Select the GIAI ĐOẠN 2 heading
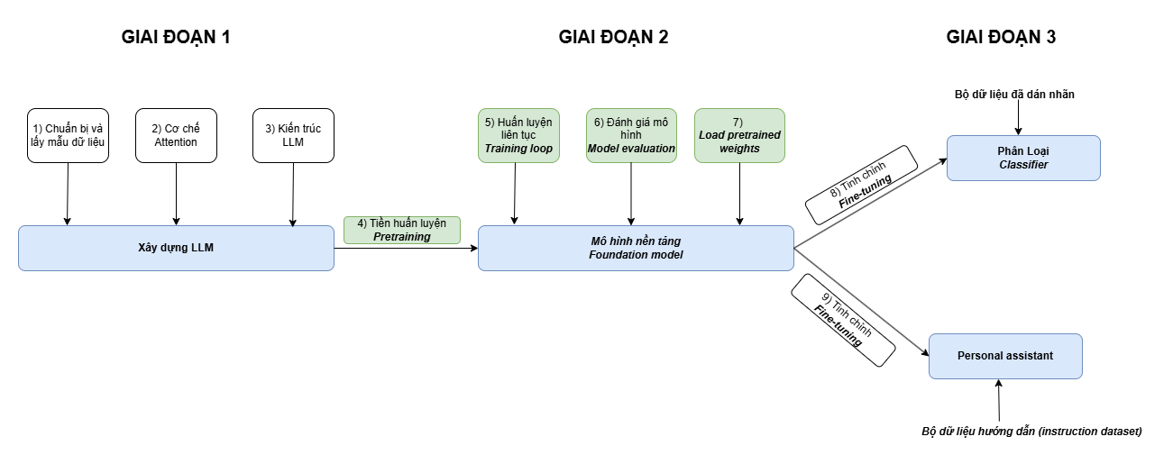(613, 37)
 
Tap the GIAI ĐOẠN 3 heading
(1001, 37)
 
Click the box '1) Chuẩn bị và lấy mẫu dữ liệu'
(68, 136)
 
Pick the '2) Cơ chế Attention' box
(176, 136)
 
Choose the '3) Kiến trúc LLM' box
(293, 136)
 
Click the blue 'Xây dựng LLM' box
(176, 248)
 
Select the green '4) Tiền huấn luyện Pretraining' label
(401, 230)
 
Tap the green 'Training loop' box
(518, 136)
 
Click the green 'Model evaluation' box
(631, 136)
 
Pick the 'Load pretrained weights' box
(739, 136)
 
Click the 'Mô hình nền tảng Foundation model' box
(636, 248)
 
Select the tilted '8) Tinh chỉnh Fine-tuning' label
(860, 184)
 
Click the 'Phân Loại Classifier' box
(1023, 158)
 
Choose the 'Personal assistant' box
(1004, 356)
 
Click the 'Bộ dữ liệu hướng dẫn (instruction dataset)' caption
(1031, 432)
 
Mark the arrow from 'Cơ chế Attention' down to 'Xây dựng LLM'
(176, 194)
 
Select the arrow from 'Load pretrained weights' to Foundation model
(740, 194)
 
